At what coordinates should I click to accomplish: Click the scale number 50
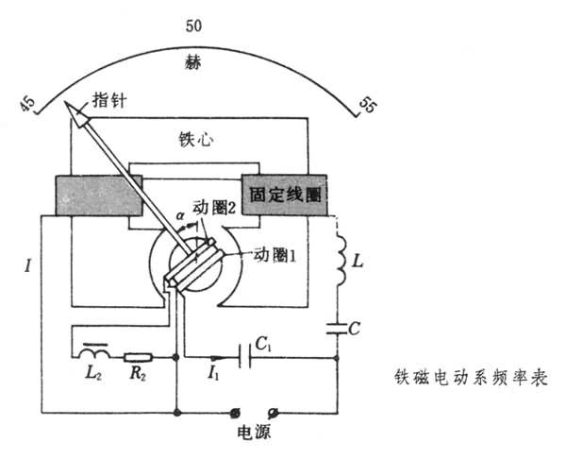click(x=194, y=28)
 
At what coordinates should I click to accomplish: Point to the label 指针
click(x=112, y=99)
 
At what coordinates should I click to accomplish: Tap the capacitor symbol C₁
click(x=248, y=358)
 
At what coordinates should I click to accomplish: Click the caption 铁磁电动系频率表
click(x=470, y=374)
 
